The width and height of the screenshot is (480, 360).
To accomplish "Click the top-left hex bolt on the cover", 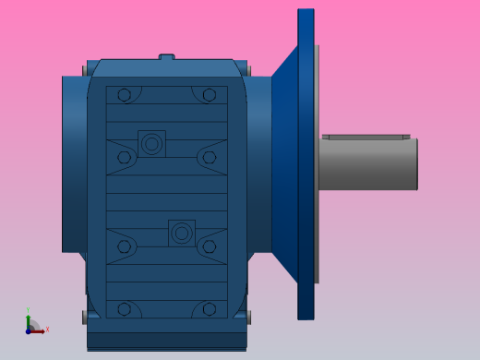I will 124,95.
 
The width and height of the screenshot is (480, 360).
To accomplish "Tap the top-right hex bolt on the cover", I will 210,95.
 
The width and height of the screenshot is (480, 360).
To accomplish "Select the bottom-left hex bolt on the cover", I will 124,309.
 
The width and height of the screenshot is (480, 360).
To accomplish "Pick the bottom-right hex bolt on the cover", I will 210,309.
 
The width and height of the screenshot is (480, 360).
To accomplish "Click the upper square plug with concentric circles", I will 151,143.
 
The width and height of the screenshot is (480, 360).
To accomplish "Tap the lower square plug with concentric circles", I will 182,233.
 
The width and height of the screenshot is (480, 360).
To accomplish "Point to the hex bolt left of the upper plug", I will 124,157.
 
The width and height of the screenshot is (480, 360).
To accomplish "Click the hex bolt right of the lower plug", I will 210,246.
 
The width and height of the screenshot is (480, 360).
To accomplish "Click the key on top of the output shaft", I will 366,137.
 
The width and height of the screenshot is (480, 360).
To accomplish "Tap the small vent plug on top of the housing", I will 167,56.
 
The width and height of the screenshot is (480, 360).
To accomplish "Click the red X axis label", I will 47,329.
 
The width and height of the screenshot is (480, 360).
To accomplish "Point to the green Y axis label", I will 28,310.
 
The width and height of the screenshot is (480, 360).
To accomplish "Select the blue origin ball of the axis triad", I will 29,330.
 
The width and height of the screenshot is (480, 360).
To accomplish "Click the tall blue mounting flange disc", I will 306,164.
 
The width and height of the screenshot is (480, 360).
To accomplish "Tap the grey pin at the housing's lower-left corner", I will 84,318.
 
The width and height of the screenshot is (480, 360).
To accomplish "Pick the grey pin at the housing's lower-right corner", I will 249,318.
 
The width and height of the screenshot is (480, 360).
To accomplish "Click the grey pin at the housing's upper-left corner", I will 89,68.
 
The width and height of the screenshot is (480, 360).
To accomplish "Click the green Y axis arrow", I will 29,319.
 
